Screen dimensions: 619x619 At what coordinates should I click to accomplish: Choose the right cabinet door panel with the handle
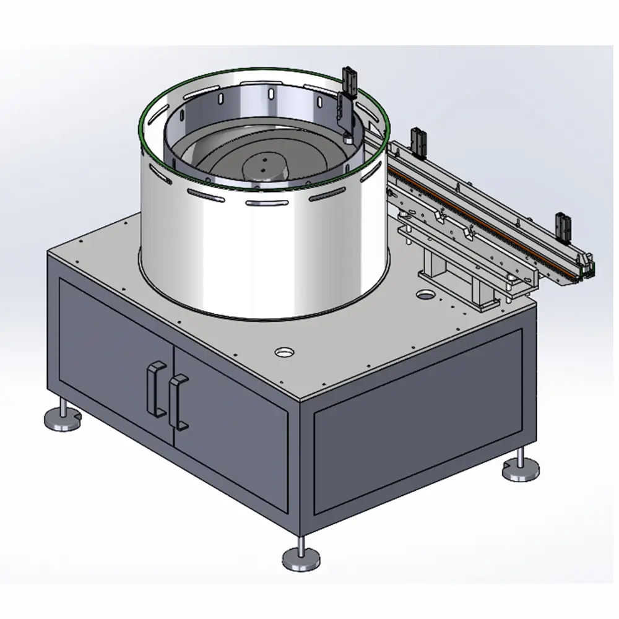229,427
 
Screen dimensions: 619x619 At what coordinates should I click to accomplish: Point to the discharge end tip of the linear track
589,267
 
